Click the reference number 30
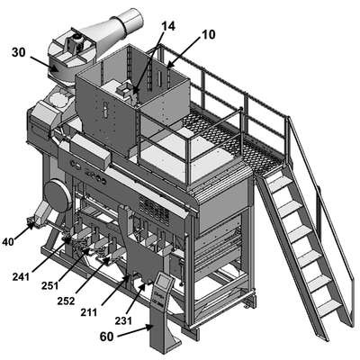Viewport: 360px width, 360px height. coord(19,52)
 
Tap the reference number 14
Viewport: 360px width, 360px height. coord(168,26)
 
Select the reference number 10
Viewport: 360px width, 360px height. coord(209,34)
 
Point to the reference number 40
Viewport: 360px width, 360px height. coord(8,242)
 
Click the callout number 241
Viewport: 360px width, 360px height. coord(21,276)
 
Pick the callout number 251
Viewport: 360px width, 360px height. coord(50,285)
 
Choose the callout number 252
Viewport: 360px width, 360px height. coord(66,301)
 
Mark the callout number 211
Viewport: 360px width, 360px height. coord(89,312)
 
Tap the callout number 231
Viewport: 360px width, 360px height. coord(123,320)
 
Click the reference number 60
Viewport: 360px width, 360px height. coord(107,337)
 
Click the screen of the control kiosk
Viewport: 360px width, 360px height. coord(163,281)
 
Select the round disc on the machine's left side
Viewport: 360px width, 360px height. coord(58,196)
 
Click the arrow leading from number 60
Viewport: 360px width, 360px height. coord(135,331)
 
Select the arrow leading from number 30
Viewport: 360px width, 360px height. coord(44,64)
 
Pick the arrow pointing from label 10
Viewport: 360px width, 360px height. coord(184,52)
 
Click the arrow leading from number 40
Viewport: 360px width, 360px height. coord(24,231)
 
